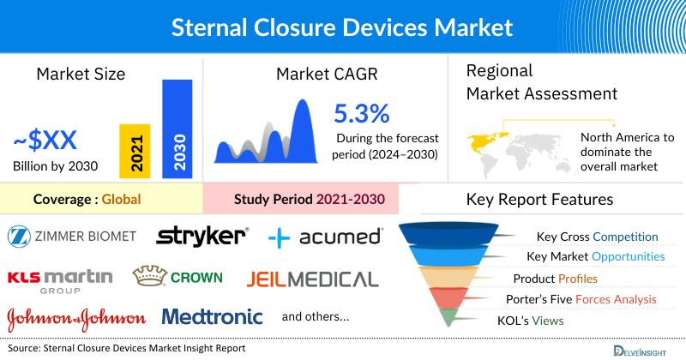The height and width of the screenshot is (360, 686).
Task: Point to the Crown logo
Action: [178, 277]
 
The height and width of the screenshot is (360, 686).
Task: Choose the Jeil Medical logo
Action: [312, 279]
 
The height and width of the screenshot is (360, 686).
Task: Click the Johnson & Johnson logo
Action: [75, 318]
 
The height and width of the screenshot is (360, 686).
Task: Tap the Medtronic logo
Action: [212, 317]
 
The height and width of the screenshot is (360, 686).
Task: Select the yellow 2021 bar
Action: [135, 150]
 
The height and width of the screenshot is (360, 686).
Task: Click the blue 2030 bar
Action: [177, 129]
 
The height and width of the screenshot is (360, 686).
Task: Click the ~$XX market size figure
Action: [45, 140]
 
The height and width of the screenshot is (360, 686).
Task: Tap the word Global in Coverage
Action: [121, 201]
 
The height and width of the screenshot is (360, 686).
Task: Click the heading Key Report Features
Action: [539, 200]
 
